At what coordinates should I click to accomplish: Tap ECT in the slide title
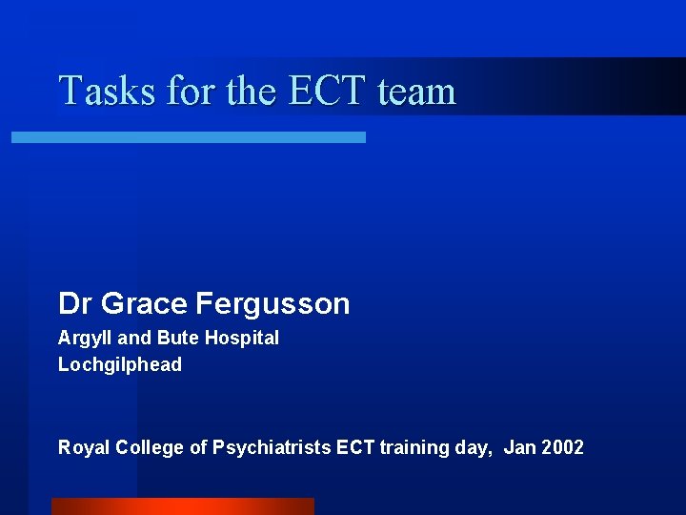click(x=326, y=92)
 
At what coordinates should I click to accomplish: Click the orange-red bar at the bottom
click(x=182, y=506)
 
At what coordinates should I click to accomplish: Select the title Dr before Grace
click(x=75, y=304)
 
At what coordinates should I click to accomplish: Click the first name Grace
click(x=144, y=304)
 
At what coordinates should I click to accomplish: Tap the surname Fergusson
click(x=272, y=304)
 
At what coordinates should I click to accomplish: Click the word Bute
click(x=176, y=338)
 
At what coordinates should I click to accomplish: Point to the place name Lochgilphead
click(x=120, y=364)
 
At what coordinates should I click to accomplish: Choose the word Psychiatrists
click(x=271, y=447)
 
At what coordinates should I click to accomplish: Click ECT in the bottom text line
click(x=356, y=447)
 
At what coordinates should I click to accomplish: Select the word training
click(x=415, y=447)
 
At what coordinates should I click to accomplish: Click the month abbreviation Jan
click(x=520, y=447)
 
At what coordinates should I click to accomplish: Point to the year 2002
click(x=563, y=447)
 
